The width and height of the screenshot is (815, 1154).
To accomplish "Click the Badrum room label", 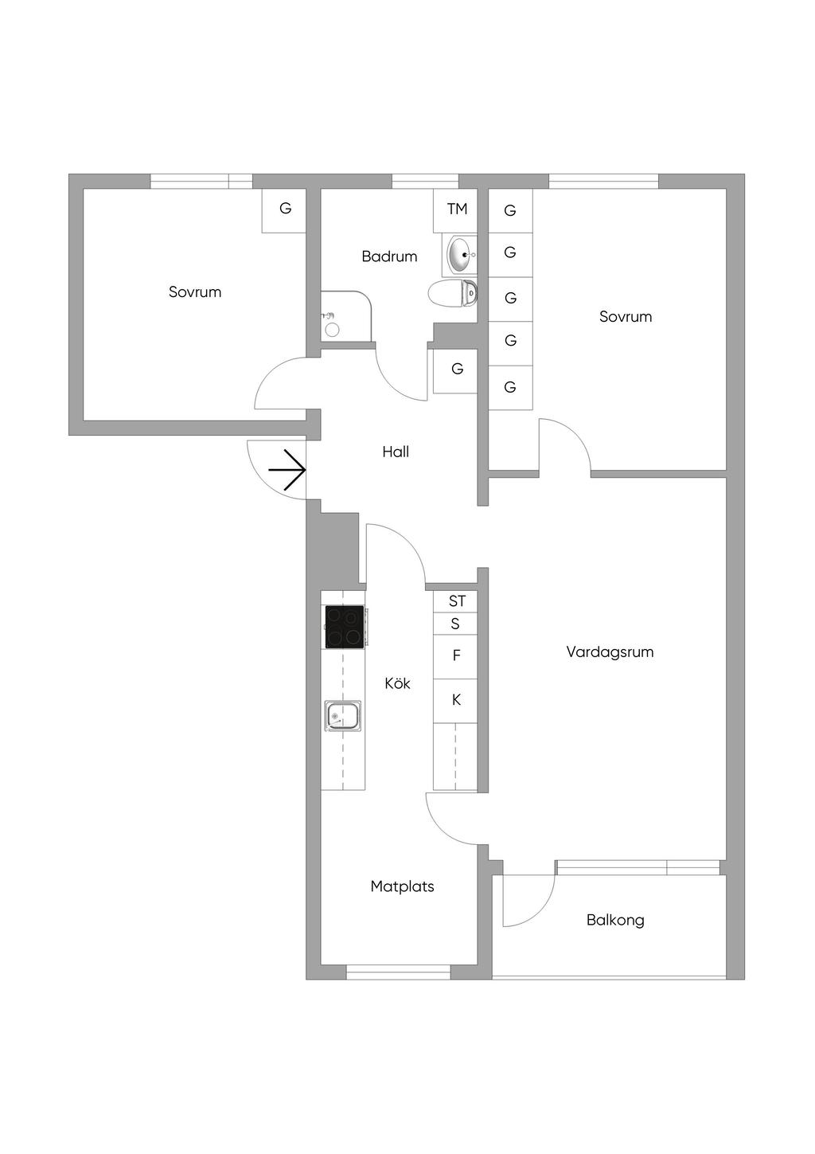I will (x=389, y=256).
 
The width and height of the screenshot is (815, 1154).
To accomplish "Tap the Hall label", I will (x=396, y=452).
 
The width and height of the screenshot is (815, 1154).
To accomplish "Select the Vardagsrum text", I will (x=610, y=652).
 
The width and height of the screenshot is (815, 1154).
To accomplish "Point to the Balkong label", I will (x=615, y=921).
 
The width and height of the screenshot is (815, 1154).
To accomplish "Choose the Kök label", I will (x=397, y=684).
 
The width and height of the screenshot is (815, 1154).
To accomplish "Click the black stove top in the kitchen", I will (x=345, y=626).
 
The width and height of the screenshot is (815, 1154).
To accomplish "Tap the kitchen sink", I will (x=343, y=716).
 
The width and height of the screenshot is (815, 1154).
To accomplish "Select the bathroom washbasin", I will (x=462, y=254).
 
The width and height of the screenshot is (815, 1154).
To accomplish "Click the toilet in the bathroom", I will (x=454, y=294).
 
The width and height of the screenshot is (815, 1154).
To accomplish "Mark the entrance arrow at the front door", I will (x=288, y=470).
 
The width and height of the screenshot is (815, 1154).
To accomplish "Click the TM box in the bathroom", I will (x=456, y=209).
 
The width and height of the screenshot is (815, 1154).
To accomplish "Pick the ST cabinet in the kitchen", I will (x=456, y=601).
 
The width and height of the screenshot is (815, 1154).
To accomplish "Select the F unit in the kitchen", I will (x=456, y=656).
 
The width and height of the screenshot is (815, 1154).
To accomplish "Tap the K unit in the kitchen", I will (x=456, y=700).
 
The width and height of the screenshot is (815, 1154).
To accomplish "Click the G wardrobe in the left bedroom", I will (x=285, y=209).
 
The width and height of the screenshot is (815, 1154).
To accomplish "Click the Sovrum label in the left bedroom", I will (x=195, y=292).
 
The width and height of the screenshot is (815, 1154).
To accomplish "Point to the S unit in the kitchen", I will (x=455, y=624).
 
